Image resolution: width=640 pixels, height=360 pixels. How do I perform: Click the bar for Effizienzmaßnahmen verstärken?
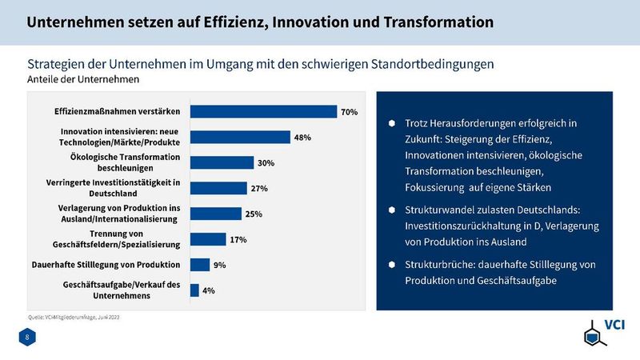263,112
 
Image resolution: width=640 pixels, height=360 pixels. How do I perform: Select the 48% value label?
302,138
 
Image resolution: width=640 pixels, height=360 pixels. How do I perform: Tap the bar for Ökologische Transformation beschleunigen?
222,163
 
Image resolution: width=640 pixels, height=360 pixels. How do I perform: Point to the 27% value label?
259,189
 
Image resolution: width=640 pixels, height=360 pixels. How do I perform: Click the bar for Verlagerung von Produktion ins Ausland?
215,214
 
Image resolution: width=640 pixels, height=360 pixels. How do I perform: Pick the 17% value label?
238,239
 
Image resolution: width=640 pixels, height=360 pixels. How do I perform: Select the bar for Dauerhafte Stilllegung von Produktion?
199,265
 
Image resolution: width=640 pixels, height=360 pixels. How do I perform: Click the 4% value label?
208,290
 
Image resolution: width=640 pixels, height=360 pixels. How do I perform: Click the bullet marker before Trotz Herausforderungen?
392,124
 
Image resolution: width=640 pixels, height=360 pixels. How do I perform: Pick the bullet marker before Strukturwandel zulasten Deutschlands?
392,210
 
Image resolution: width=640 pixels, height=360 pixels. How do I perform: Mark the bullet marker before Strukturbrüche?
392,265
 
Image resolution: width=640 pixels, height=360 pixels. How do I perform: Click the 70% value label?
349,112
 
